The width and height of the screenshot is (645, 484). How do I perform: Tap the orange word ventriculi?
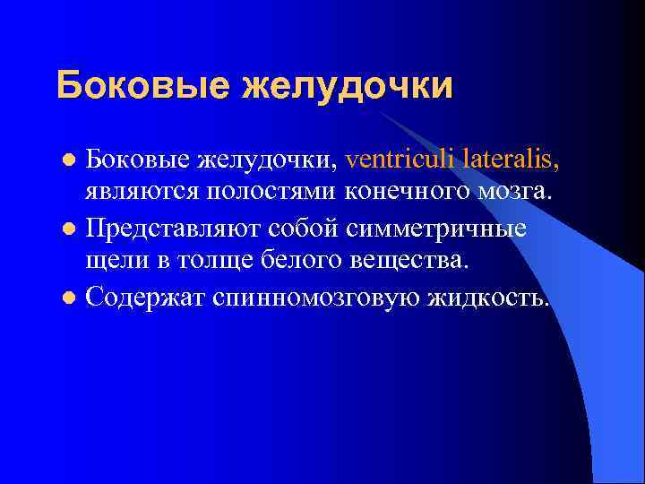point(399,160)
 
